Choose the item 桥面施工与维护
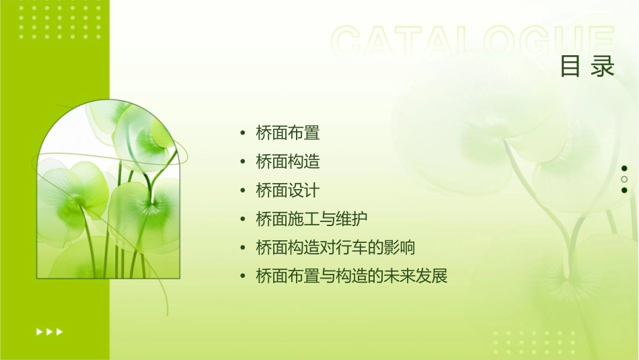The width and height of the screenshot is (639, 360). click(311, 219)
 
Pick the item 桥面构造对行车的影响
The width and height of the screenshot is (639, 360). click(335, 248)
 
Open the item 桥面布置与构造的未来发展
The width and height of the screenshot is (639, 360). click(351, 277)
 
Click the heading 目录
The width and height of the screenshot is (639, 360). click(587, 67)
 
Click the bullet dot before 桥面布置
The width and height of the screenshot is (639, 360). click(242, 133)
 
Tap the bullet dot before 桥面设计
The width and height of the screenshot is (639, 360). click(242, 191)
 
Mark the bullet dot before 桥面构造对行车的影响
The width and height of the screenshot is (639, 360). click(242, 248)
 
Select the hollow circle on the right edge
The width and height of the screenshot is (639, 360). click(624, 179)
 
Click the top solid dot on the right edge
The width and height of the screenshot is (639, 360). click(624, 168)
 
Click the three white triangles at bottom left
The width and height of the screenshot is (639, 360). click(49, 331)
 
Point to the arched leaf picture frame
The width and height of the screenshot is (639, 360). click(108, 192)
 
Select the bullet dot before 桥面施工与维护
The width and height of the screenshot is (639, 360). click(242, 219)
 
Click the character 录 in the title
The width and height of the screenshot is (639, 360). click(603, 67)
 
